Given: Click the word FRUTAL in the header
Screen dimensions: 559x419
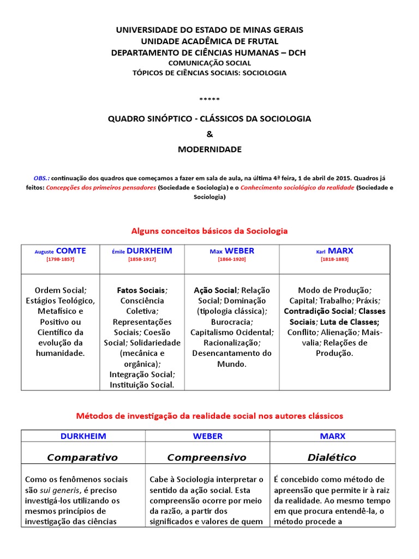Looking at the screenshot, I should (x=260, y=41).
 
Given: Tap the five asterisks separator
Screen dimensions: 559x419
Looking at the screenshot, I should (x=209, y=99).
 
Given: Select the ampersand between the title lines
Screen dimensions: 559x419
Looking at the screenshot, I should (x=209, y=134).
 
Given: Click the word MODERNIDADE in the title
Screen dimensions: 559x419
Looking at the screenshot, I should (x=209, y=149).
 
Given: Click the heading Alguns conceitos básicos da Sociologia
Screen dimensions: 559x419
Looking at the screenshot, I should (x=209, y=231).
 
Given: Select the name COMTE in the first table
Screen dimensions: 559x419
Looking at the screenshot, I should (x=71, y=251).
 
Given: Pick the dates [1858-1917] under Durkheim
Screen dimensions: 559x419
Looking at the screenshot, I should (x=142, y=259).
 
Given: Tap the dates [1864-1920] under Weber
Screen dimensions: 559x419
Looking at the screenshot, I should (x=232, y=259).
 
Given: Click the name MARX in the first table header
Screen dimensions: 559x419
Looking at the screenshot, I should (x=340, y=251).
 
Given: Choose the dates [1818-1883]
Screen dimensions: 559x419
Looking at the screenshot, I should (x=334, y=259).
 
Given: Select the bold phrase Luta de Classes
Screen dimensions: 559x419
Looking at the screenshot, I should (x=349, y=322).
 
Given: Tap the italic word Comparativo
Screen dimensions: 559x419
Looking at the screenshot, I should (x=82, y=457).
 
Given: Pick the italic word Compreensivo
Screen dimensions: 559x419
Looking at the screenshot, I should (x=207, y=457).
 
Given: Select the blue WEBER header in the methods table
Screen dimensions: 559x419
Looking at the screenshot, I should (x=208, y=436).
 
